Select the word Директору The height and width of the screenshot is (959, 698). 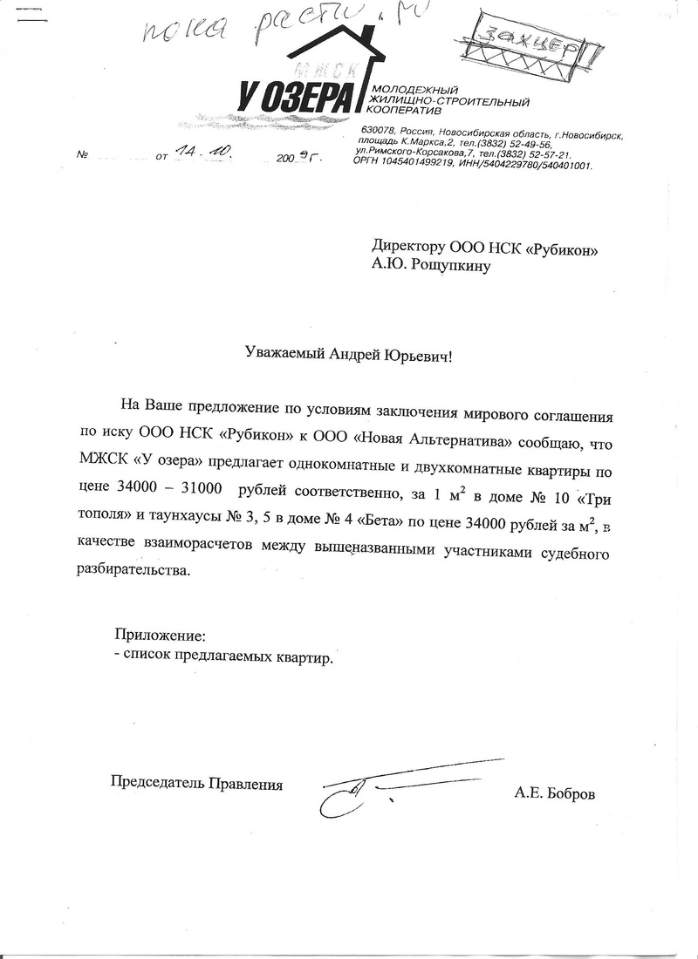[407, 248]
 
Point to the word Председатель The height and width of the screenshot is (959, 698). [153, 783]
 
